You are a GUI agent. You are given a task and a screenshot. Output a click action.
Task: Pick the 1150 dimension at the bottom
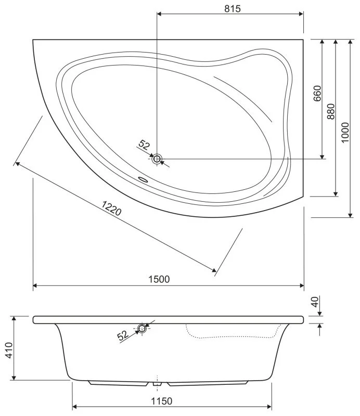pos(162,401)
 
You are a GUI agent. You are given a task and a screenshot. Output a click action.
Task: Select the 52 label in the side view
pos(123,335)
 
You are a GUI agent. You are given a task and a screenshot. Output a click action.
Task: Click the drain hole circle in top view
pos(157,159)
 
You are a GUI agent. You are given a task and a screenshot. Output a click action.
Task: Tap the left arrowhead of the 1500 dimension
pos(36,285)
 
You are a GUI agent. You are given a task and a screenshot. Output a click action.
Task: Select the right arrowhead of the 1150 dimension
pos(269,406)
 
